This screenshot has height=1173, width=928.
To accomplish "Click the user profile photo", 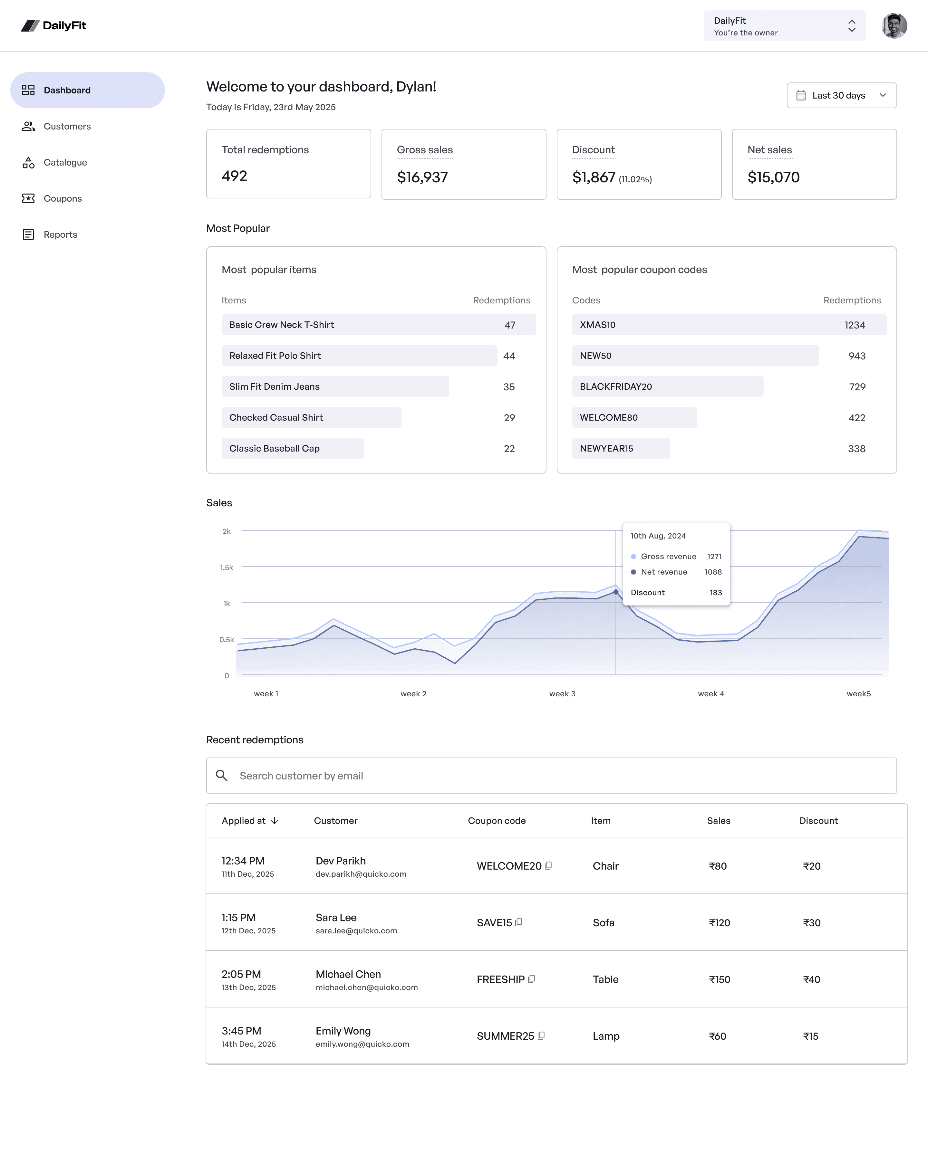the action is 894,25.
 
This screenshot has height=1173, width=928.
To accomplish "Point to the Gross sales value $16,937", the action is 422,177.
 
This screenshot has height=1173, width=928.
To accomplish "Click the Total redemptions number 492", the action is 234,176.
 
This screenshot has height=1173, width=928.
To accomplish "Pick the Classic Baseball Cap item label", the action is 275,449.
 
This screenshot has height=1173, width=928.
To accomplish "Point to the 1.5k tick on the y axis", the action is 227,567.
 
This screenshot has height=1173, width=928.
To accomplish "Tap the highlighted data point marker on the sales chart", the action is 615,592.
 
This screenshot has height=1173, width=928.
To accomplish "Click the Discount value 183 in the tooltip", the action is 716,593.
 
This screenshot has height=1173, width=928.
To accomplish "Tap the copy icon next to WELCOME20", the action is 548,866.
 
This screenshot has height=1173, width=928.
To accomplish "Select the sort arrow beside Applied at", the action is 275,821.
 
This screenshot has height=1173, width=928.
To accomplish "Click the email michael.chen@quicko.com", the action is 367,987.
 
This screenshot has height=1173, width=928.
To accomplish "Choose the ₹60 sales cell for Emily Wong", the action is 717,1036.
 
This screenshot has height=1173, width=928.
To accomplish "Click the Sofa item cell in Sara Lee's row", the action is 603,923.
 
